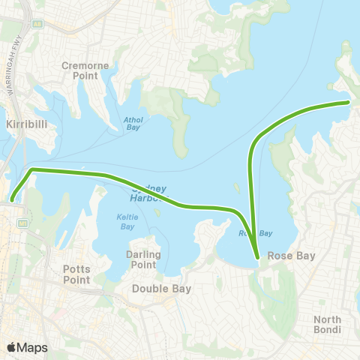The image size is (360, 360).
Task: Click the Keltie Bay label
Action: tap(125, 222)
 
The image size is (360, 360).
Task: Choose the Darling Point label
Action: tap(142, 259)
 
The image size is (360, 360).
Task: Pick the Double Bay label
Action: tap(161, 288)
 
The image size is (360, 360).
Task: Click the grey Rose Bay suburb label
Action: tap(295, 256)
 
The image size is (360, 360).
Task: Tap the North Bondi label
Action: tap(328, 325)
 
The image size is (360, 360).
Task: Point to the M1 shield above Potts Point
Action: tap(23, 223)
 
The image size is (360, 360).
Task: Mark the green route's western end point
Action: tap(12, 199)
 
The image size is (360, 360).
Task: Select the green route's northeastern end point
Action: tap(348, 102)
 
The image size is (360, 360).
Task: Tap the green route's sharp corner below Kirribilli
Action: tap(32, 170)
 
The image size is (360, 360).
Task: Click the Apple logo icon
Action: tap(12, 346)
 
